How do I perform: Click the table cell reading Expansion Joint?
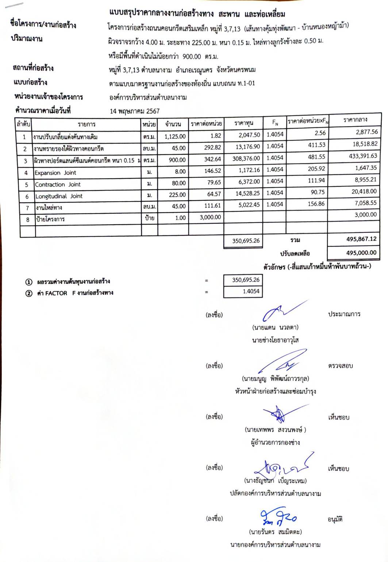coord(55,173)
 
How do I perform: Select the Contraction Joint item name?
coord(58,184)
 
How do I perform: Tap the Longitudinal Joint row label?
coord(59,196)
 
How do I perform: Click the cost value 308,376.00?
coord(246,158)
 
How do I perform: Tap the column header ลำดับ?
coord(23,124)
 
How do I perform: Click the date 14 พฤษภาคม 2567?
coord(135,111)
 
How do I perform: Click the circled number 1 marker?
coord(28,282)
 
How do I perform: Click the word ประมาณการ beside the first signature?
coord(344,314)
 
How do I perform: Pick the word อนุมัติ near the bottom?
coord(335,519)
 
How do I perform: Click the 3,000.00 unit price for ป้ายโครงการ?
coord(210,217)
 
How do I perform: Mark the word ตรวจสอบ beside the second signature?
coord(340,365)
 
